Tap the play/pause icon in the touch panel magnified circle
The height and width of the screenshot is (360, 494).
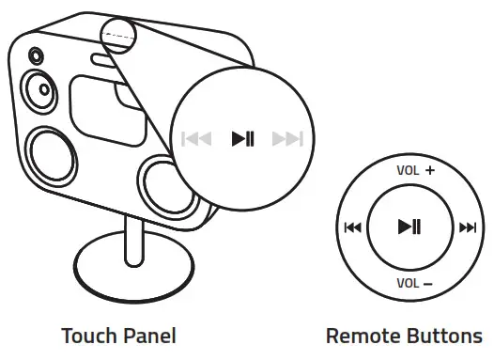[242, 140]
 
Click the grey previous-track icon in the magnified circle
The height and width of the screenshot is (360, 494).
[196, 140]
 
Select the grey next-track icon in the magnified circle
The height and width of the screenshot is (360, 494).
[287, 140]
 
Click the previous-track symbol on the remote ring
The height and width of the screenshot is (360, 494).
[352, 227]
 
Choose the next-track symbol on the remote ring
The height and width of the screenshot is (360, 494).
[467, 227]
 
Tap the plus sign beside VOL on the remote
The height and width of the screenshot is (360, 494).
[430, 171]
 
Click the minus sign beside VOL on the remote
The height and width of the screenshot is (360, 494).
[427, 283]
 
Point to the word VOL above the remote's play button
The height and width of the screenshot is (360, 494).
[407, 172]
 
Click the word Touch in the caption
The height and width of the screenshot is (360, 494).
[87, 336]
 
